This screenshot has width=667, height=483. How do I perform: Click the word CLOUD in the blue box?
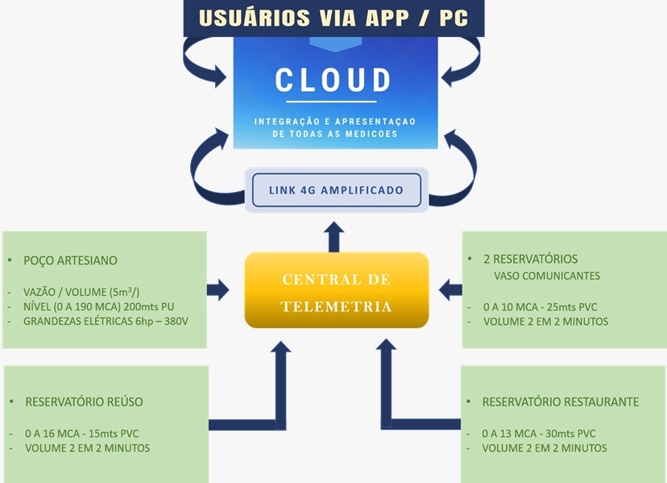coord(333,81)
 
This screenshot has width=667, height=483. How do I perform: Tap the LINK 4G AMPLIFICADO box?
coord(336,190)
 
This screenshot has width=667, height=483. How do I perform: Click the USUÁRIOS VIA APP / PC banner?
coord(333,19)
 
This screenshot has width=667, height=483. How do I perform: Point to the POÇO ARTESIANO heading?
coord(71,260)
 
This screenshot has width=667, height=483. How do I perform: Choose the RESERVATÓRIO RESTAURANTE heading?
coord(560,402)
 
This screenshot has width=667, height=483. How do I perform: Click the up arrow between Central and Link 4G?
coord(335,237)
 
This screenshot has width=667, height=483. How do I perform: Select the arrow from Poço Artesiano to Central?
coord(219,289)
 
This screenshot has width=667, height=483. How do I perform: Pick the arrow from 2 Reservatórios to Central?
coord(451,288)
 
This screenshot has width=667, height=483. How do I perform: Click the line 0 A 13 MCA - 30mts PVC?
coord(538,433)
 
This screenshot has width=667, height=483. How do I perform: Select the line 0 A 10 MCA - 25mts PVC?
coord(539,306)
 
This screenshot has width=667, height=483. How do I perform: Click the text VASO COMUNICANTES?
coord(546,276)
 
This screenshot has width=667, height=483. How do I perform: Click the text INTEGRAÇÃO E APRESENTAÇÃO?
coord(335,121)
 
